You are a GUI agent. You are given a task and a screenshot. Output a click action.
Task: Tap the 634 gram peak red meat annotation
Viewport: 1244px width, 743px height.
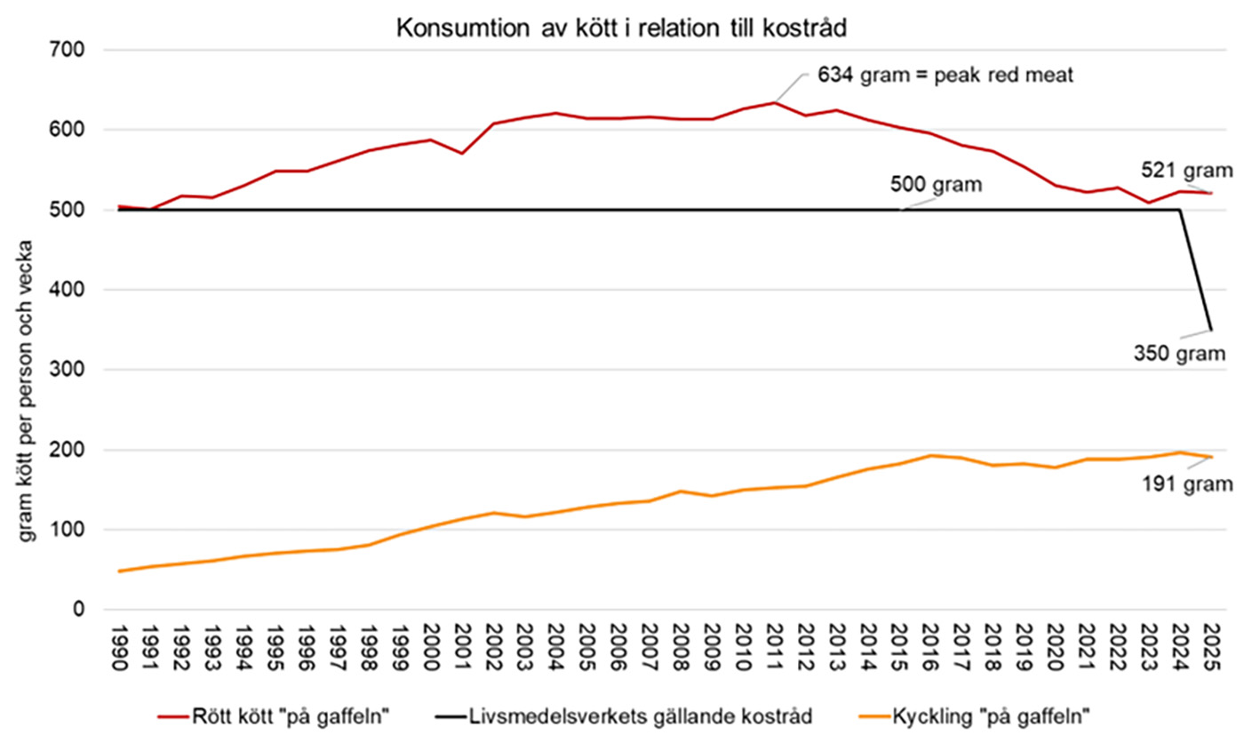[x=946, y=76]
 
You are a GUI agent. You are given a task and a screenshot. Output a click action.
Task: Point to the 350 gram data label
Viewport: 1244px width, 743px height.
[x=1179, y=353]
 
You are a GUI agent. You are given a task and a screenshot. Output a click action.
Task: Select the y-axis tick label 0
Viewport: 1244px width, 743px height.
[x=78, y=610]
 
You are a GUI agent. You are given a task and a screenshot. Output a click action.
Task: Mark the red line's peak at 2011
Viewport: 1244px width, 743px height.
[x=775, y=102]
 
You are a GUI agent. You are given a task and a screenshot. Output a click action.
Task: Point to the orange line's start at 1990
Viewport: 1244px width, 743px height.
[x=119, y=571]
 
